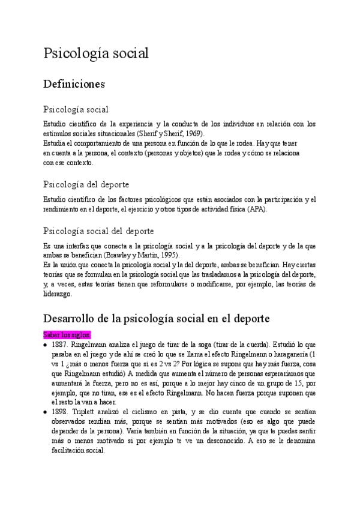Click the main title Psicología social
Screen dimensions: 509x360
click(x=95, y=53)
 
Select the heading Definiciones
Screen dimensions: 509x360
click(x=74, y=83)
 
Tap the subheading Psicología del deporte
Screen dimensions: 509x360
click(x=86, y=184)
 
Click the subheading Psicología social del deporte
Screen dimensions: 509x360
click(x=98, y=230)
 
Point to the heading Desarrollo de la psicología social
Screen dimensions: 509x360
click(x=156, y=318)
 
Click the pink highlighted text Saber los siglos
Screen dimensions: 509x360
click(x=66, y=334)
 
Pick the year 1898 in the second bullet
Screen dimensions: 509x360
click(x=59, y=411)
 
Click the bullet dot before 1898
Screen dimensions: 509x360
click(x=46, y=412)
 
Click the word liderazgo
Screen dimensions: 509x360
click(x=57, y=294)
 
